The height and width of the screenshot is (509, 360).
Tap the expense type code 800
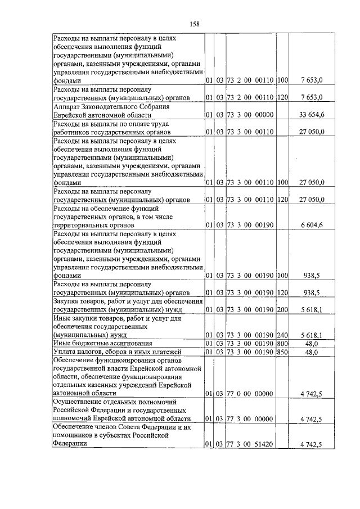[x=282, y=343]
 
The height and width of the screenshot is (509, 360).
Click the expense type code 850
[x=282, y=352]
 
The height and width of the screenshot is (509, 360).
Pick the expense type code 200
[x=282, y=309]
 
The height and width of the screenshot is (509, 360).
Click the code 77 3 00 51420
[x=250, y=445]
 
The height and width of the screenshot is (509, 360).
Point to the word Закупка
[x=67, y=301]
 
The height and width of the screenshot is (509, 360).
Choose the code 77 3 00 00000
[x=250, y=419]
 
